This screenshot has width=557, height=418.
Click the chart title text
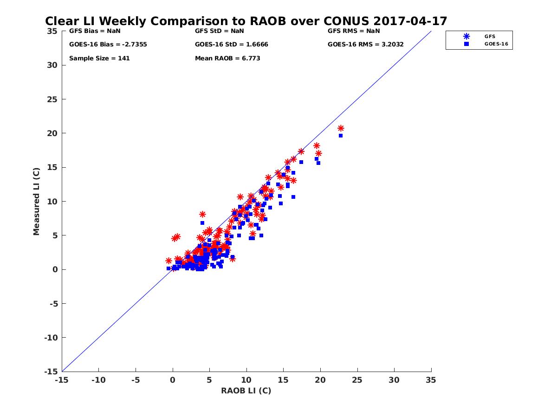246,21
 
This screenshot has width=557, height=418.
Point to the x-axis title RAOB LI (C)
246,391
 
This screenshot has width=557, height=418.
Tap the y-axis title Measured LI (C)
37,202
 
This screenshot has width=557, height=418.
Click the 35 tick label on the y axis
52,31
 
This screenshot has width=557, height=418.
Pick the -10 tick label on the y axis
50,338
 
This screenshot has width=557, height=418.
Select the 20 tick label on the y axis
52,133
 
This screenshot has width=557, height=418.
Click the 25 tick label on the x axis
357,379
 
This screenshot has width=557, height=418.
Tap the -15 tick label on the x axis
61,379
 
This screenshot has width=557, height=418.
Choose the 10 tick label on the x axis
246,379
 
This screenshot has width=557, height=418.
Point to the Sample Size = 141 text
99,59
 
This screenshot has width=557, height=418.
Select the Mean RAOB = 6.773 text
227,59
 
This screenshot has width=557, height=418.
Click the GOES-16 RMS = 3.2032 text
366,45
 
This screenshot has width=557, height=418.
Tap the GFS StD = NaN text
220,31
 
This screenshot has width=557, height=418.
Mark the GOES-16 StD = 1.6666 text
232,45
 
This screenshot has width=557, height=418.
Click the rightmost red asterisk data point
341,128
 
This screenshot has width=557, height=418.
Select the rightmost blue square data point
341,136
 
